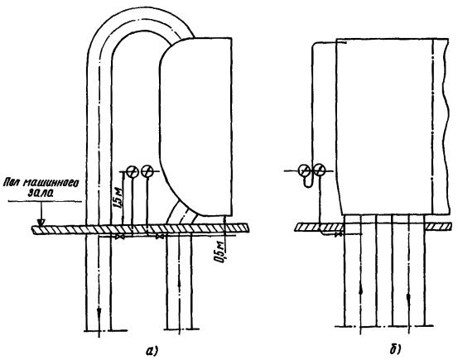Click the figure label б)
pos(395,349)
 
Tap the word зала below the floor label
pos(41,193)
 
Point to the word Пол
pos(12,184)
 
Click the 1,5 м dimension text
pos(119,199)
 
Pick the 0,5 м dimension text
pos(221,252)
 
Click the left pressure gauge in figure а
pos(133,171)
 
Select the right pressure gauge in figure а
pos(147,171)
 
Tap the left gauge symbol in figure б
pos(305,170)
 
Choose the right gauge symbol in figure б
pos(319,170)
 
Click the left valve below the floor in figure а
pos(120,237)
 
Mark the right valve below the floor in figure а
pos(161,237)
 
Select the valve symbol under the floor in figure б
pos(339,234)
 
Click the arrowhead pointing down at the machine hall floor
pos(41,223)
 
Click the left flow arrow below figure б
pos(361,290)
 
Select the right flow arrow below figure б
pos(408,298)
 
